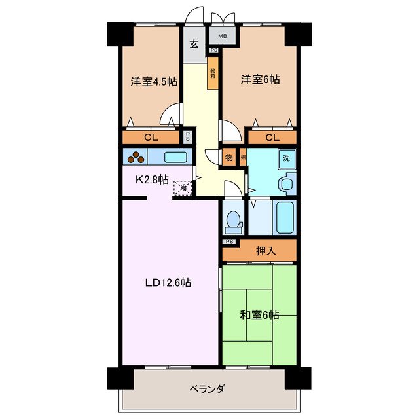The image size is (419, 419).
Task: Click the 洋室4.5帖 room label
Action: point(154,82)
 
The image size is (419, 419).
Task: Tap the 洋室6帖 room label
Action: point(260,79)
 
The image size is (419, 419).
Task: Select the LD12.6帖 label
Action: point(168,283)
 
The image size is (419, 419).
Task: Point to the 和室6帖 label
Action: point(260,315)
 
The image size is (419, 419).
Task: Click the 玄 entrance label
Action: point(194,45)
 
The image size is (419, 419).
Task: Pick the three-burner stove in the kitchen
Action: point(136,157)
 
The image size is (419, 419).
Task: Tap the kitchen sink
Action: point(175,157)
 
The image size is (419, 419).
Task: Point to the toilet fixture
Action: point(232,223)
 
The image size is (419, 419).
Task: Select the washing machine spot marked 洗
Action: point(286,158)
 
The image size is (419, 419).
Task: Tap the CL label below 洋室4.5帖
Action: point(151,137)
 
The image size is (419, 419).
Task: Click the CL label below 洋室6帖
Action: point(272,137)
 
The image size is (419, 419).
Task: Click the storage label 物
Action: point(229,158)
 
